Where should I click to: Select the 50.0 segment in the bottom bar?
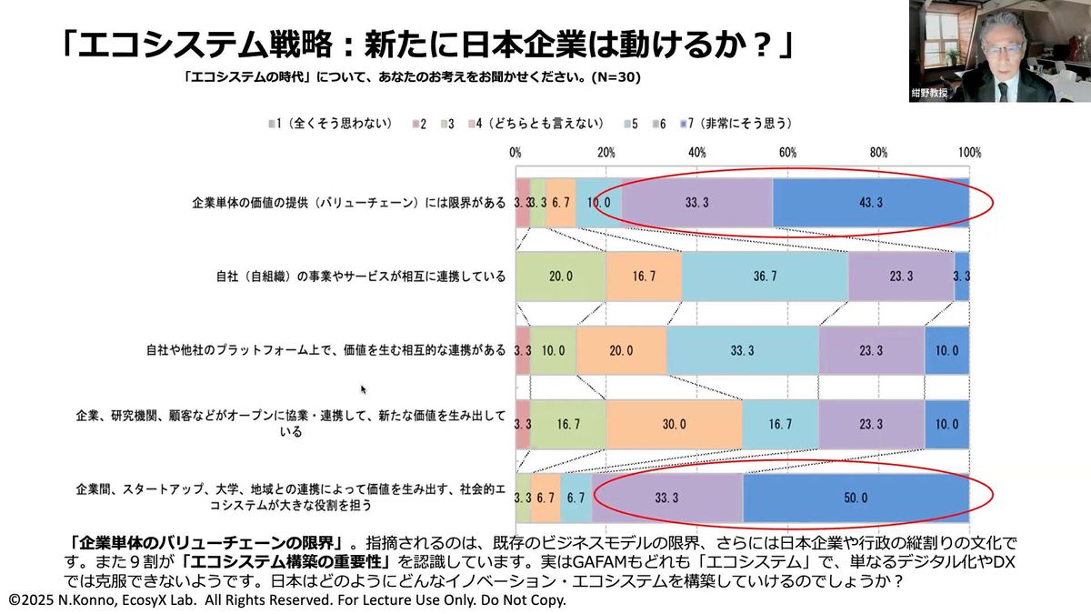[x=856, y=498]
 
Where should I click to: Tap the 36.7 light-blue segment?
[x=765, y=277]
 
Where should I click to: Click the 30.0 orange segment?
[x=674, y=424]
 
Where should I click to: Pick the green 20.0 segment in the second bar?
[x=561, y=277]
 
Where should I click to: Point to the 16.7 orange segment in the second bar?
[x=644, y=277]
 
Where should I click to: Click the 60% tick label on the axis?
[x=787, y=152]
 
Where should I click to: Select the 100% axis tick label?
[x=968, y=152]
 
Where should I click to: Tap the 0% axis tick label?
[x=515, y=152]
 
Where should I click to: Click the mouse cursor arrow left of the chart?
[x=364, y=389]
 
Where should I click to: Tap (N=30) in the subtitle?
[x=614, y=77]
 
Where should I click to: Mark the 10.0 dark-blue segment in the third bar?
[x=946, y=350]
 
